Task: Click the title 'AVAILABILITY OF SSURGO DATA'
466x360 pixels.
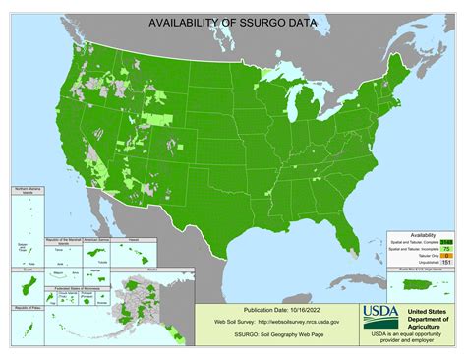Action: pyautogui.click(x=233, y=22)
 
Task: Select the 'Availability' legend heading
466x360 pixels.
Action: pyautogui.click(x=424, y=235)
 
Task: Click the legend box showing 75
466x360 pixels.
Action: pyautogui.click(x=446, y=249)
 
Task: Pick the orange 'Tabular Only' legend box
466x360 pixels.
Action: pyautogui.click(x=446, y=256)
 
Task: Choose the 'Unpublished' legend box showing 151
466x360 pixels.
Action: pyautogui.click(x=446, y=263)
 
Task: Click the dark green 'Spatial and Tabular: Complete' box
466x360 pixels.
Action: pyautogui.click(x=446, y=242)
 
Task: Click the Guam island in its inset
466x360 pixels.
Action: pyautogui.click(x=23, y=289)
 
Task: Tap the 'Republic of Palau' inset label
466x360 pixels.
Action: pyautogui.click(x=24, y=308)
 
